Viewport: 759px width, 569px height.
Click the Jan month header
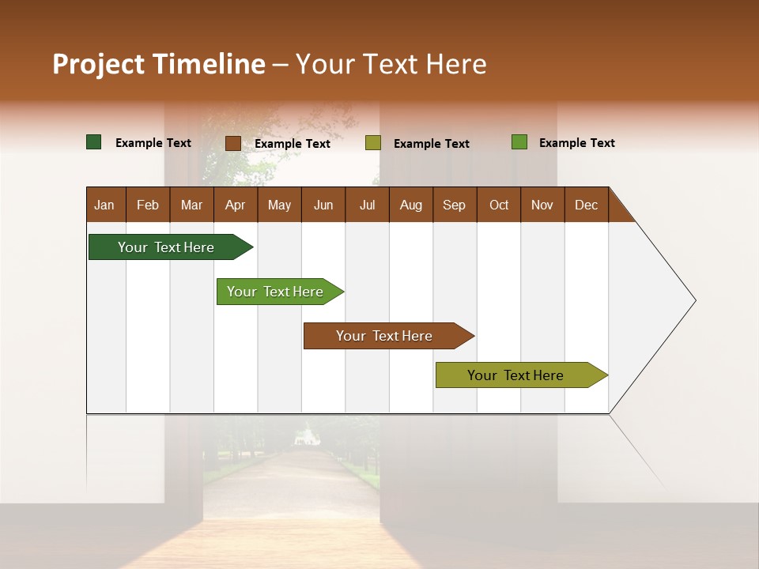pos(105,205)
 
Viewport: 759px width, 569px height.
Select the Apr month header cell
pos(236,205)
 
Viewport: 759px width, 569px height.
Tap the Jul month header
pos(367,205)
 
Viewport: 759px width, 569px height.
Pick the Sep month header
pos(455,205)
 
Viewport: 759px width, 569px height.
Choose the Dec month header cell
pos(587,205)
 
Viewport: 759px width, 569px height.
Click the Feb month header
pos(148,205)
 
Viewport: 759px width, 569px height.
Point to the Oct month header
pos(499,205)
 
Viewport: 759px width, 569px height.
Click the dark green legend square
pos(94,142)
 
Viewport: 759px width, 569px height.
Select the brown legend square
pos(232,143)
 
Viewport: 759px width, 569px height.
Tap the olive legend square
pos(373,143)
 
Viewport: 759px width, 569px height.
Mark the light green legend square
pos(519,142)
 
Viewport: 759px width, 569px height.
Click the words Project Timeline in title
pos(158,64)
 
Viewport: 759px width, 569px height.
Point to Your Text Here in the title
pos(391,64)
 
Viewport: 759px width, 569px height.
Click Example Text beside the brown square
pos(293,144)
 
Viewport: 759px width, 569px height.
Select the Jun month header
pos(323,205)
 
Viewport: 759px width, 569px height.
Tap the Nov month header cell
pos(542,205)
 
